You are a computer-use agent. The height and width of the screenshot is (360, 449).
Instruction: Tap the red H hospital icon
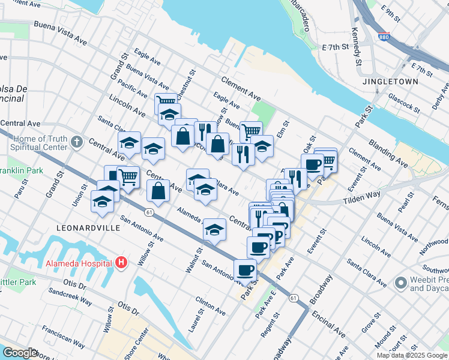tap(121, 262)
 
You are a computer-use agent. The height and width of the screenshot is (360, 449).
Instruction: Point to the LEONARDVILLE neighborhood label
tap(84, 229)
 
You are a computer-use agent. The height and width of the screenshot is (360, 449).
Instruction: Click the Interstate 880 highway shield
tap(384, 37)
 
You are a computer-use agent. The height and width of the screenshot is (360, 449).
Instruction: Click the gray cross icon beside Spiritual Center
tap(76, 142)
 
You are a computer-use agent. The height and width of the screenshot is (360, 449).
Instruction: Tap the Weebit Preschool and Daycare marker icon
tap(400, 283)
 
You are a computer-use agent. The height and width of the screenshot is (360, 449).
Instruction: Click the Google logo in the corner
tap(20, 353)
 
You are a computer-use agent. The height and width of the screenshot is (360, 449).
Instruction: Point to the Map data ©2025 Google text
tap(412, 355)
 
